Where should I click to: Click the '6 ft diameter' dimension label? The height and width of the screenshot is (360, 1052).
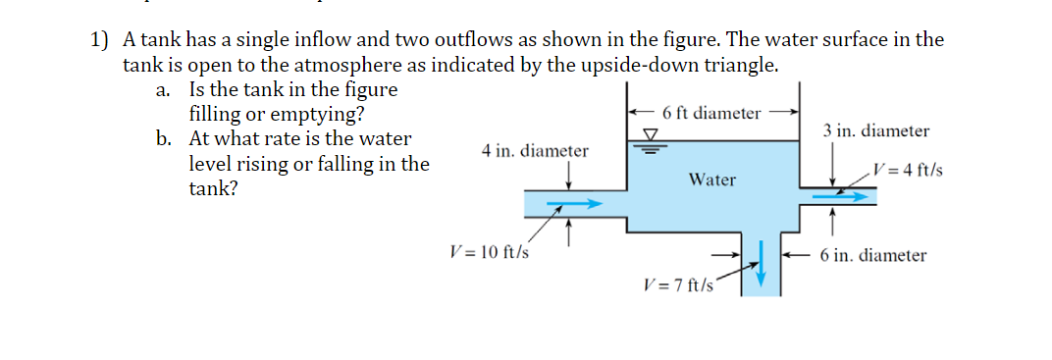(x=711, y=113)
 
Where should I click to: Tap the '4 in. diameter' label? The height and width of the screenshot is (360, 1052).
(x=535, y=151)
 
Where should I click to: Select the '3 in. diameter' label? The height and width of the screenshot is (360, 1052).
(x=876, y=130)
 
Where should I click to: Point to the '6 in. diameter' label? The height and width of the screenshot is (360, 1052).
(x=873, y=255)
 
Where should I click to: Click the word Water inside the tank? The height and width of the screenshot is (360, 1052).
(x=711, y=180)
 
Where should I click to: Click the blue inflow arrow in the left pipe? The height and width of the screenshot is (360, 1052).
(x=573, y=205)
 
